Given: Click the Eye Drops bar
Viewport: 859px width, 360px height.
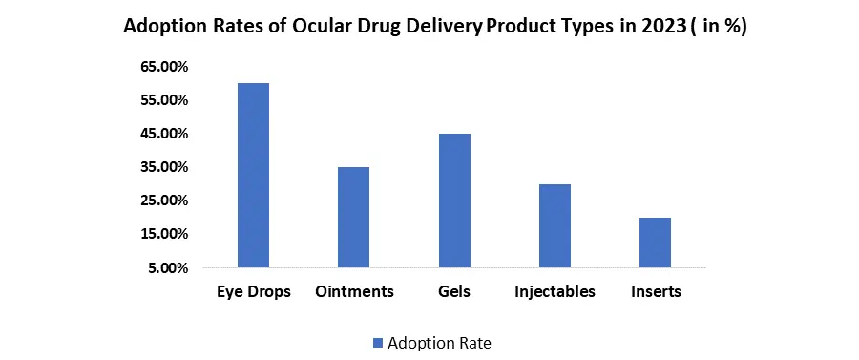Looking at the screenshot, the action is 253,176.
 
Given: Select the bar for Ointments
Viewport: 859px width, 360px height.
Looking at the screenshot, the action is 353,218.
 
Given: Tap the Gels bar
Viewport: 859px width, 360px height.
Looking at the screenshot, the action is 454,201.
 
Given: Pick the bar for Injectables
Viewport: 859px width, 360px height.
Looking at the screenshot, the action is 555,226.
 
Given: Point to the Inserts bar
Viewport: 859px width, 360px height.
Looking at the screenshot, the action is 655,243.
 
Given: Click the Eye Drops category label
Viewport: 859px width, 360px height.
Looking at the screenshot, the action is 253,292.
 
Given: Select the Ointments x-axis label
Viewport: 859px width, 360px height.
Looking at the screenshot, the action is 354,291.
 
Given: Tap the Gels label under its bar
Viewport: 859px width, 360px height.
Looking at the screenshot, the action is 454,291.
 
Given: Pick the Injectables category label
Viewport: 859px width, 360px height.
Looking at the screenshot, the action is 555,292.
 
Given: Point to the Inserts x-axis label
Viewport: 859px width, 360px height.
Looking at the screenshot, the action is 656,291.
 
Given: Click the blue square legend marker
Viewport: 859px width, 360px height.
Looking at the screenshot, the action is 377,344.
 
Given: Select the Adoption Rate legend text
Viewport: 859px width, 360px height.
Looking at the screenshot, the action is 439,344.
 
